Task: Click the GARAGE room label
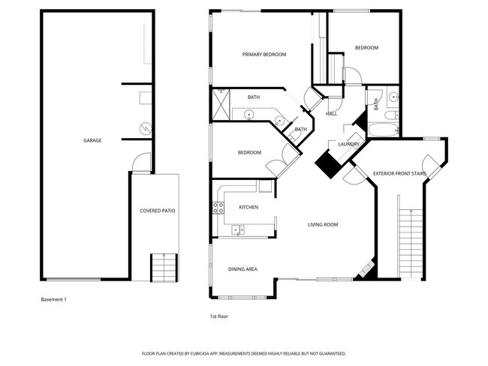click(x=93, y=140)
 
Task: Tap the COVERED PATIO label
click(x=158, y=211)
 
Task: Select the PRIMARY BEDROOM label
click(x=264, y=55)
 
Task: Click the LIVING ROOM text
click(x=323, y=224)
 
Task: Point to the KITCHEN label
click(x=249, y=207)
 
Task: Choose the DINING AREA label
click(x=243, y=268)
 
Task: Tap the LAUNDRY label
click(x=348, y=144)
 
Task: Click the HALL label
click(x=331, y=114)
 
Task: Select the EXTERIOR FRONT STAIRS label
click(x=399, y=174)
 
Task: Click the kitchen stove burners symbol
click(x=221, y=206)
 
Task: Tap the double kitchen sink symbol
click(x=238, y=229)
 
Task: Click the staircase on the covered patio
click(x=163, y=266)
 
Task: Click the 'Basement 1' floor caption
click(x=53, y=299)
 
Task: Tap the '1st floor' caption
click(x=218, y=316)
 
